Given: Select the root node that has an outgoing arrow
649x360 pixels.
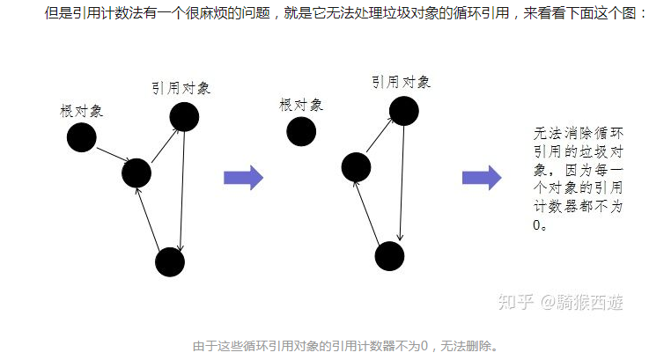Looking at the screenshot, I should tap(81, 136).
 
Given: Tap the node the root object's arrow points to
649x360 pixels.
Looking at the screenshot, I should tap(136, 173).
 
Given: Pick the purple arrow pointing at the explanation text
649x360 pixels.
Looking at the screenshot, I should tap(482, 178).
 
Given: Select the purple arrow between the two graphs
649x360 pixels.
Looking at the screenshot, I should tap(243, 178).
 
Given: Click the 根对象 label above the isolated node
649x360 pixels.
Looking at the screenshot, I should tap(301, 104).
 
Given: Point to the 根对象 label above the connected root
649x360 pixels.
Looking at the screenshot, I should tap(82, 111).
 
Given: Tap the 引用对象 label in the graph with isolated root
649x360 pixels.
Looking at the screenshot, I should tap(401, 82).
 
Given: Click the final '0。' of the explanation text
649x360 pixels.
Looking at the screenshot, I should tap(541, 224).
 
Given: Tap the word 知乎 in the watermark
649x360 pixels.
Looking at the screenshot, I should tap(515, 302).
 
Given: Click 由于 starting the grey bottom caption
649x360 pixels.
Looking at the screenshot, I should tap(203, 346).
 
